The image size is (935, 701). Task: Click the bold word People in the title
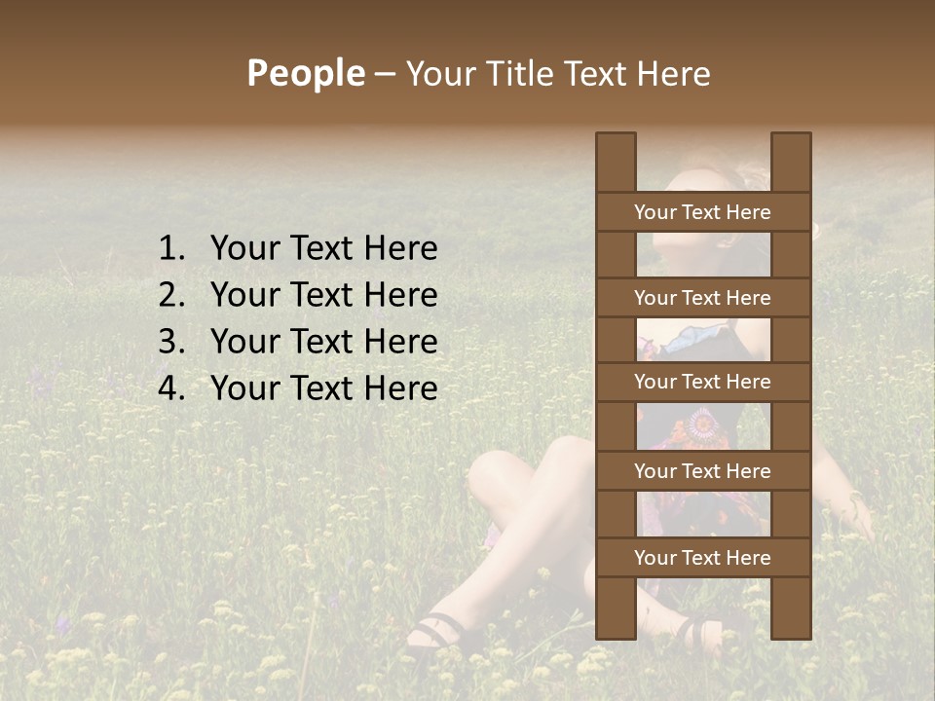[x=305, y=73]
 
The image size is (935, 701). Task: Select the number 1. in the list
[x=173, y=249]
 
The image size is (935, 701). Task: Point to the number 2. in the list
[x=173, y=295]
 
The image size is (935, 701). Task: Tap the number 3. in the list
[x=173, y=342]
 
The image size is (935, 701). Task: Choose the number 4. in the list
[x=173, y=388]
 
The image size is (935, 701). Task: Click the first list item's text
[x=323, y=249]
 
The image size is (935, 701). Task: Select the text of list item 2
[x=323, y=295]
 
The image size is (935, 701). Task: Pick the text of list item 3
[x=323, y=342]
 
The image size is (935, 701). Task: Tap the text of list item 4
[x=323, y=388]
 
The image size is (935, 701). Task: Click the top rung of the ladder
[x=702, y=212]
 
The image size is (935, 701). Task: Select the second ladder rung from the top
[x=702, y=298]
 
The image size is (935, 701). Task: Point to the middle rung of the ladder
[x=702, y=383]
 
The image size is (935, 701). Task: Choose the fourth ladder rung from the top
[x=702, y=471]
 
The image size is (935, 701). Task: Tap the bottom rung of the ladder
[x=702, y=558]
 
